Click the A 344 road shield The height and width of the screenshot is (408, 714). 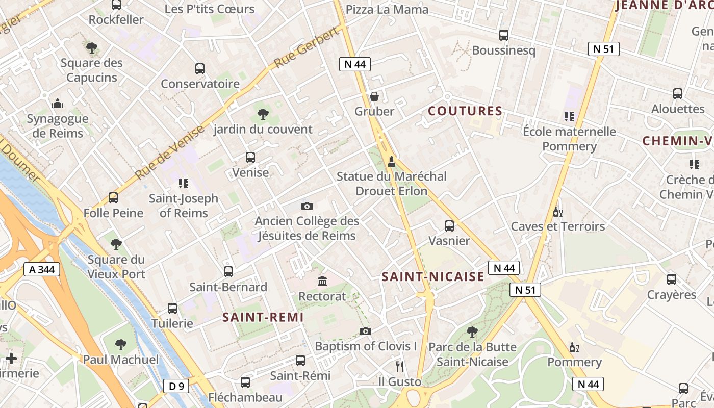click(42, 269)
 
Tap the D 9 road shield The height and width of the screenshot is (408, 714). click(176, 386)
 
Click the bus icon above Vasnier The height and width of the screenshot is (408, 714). click(449, 226)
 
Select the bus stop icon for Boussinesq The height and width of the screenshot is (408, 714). click(504, 35)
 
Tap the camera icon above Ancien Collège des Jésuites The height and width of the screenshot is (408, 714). click(307, 206)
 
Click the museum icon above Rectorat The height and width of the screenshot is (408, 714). click(322, 281)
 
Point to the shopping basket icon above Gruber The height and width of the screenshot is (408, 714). click(374, 96)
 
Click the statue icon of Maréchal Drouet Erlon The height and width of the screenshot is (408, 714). click(392, 162)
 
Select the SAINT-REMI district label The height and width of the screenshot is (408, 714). click(263, 317)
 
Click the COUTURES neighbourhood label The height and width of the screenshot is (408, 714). click(465, 111)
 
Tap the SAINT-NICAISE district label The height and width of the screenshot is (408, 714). click(433, 277)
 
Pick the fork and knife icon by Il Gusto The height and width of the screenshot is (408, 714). click(400, 366)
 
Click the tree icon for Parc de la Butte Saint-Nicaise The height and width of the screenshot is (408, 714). click(472, 332)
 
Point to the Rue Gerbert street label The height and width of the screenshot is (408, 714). click(307, 48)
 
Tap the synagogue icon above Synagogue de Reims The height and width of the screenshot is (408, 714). click(58, 104)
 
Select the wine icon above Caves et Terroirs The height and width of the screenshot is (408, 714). click(558, 211)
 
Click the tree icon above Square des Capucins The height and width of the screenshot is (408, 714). click(92, 48)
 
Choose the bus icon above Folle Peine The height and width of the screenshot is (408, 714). click(113, 198)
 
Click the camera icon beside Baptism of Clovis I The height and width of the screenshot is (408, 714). click(365, 331)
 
